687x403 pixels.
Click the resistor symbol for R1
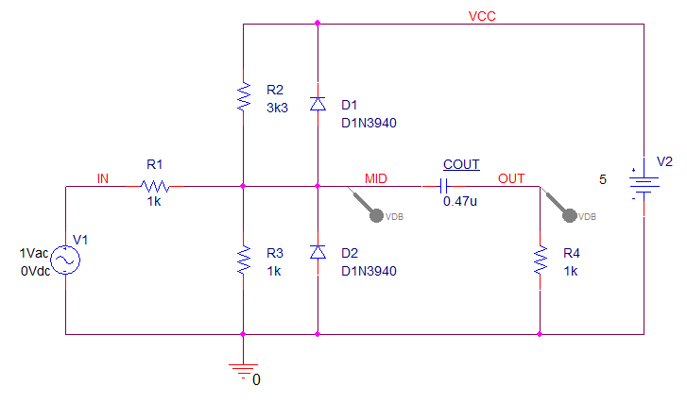coord(155,187)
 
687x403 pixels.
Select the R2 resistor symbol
coord(243,96)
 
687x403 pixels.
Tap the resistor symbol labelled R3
coord(243,260)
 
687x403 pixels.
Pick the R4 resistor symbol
coord(540,260)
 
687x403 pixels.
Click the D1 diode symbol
coord(318,104)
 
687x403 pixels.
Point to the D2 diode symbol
coord(318,252)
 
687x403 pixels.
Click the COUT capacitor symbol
coord(444,187)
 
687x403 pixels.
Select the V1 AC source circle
coord(65,260)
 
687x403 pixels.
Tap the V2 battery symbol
coord(644,184)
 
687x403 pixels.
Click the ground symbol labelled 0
coord(243,370)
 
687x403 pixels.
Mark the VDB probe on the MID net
coord(367,205)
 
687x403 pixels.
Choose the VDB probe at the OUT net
coord(559,205)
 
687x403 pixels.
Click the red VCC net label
coord(482,16)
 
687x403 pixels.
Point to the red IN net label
coord(102,178)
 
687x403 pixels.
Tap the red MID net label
coord(376,178)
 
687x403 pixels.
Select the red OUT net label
coord(511,178)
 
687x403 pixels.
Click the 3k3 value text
coord(277,108)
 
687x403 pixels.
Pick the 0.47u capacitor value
coord(460,201)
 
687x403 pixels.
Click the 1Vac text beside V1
coord(34,253)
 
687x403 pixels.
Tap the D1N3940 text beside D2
coord(369,271)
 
